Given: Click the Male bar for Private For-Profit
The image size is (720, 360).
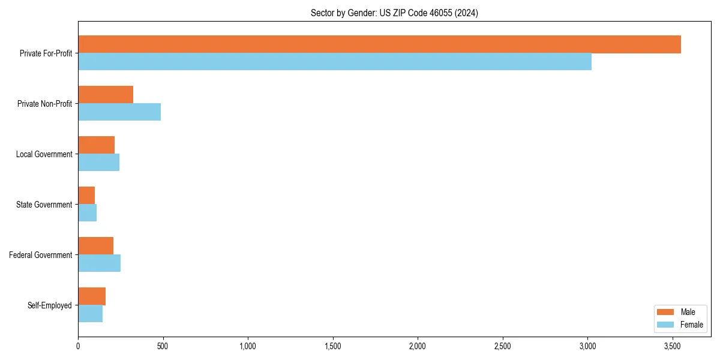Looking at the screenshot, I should click(379, 44).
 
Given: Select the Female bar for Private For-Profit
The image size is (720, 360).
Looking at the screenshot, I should click(335, 62).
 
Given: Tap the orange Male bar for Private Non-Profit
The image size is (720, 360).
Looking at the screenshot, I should click(106, 95).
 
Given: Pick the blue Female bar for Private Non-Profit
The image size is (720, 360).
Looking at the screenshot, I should click(119, 112).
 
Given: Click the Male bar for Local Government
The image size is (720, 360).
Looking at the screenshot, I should click(96, 145).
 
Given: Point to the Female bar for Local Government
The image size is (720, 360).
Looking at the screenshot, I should click(98, 163).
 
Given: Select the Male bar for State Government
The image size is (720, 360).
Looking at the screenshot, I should click(86, 196).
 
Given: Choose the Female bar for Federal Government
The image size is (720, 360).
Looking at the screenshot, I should click(99, 263).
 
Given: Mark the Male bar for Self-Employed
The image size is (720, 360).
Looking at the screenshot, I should click(92, 296).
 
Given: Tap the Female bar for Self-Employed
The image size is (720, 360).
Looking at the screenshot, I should click(90, 314).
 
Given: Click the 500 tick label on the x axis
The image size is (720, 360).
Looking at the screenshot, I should click(163, 346).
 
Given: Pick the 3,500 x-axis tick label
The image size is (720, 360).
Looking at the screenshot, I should click(672, 346).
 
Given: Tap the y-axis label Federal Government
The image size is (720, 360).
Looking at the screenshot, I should click(41, 255).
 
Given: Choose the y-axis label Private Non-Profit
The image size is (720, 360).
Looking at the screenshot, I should click(44, 104).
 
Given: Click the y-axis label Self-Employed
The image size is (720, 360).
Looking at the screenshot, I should click(50, 305).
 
